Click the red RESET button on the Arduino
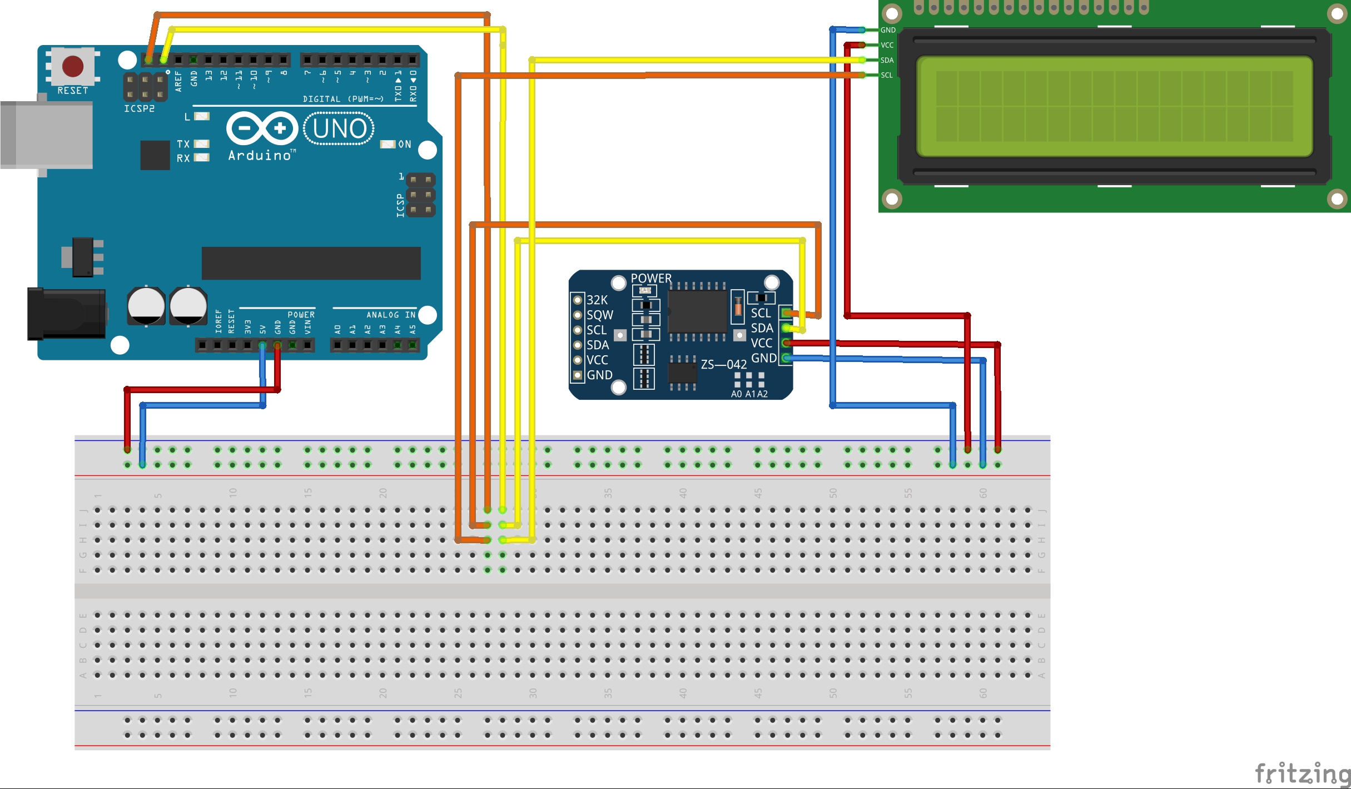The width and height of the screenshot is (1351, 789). click(x=73, y=66)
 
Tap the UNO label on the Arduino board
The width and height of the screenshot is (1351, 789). click(x=339, y=129)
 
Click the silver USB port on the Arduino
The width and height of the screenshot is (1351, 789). click(x=47, y=135)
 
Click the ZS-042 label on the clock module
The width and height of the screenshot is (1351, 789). click(x=723, y=365)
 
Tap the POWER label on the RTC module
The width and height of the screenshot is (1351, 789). click(x=651, y=278)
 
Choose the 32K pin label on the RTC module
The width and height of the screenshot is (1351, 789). click(x=597, y=300)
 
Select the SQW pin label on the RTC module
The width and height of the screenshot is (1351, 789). click(x=600, y=315)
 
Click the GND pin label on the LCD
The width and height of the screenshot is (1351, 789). click(x=888, y=30)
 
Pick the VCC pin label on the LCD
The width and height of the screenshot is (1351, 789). click(x=887, y=45)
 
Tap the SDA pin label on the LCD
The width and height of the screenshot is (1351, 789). click(x=887, y=60)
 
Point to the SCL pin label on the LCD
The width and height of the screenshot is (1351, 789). click(x=887, y=75)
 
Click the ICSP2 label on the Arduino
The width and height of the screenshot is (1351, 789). click(x=139, y=108)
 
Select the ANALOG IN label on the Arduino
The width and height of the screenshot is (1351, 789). click(x=391, y=315)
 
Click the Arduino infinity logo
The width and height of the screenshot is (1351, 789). click(x=262, y=128)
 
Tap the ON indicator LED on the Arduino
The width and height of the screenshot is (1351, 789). click(x=388, y=145)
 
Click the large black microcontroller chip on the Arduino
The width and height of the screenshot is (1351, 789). click(x=311, y=263)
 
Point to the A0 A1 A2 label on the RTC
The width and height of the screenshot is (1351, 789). click(x=749, y=394)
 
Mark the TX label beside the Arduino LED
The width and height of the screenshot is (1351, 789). click(x=183, y=144)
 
